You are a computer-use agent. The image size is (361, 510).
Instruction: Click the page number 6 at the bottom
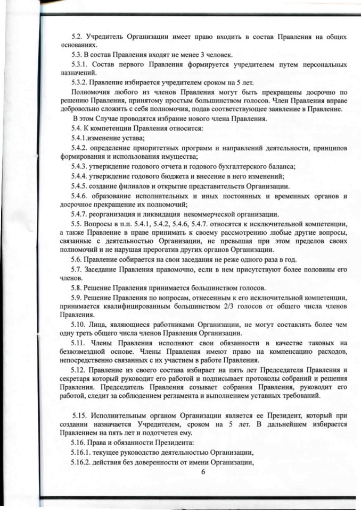coord(203,473)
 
